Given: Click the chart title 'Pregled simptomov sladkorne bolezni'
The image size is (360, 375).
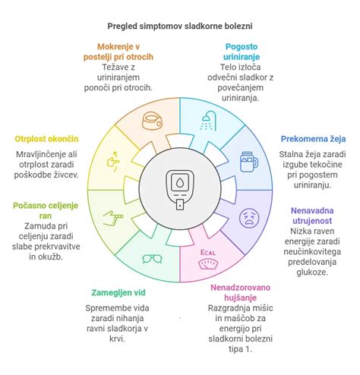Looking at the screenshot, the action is [x=180, y=27].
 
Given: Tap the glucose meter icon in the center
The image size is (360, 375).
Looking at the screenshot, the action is [x=180, y=190].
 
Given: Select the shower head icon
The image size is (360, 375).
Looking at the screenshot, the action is [x=209, y=121].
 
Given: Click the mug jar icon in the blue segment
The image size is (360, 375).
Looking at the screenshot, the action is [x=249, y=162].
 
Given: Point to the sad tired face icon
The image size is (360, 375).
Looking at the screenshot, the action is [x=249, y=218].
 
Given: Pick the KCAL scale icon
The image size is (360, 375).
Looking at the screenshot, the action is [x=208, y=260].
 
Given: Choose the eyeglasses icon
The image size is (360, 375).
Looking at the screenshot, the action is [x=152, y=259].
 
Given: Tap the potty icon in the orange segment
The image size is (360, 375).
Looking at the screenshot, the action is [x=152, y=121].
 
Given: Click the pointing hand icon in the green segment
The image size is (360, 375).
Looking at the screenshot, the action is [x=113, y=218].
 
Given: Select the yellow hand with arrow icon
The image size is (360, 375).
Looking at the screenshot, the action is [x=113, y=162].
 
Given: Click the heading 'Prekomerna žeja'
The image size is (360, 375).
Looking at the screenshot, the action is [x=313, y=139].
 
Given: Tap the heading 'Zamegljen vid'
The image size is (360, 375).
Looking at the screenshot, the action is [x=118, y=292].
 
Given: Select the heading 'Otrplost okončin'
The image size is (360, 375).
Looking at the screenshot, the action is [x=46, y=139].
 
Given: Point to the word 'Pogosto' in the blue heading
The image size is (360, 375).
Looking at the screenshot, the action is [x=242, y=47].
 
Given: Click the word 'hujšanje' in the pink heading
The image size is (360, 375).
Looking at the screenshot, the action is [x=240, y=298].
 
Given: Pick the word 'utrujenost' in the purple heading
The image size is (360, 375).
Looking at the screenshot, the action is [x=312, y=221].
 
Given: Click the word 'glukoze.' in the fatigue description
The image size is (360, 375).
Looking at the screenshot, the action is [x=312, y=273].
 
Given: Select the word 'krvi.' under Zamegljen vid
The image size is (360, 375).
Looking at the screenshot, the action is [x=117, y=339].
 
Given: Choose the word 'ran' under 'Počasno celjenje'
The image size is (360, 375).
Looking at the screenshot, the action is [x=46, y=216].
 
